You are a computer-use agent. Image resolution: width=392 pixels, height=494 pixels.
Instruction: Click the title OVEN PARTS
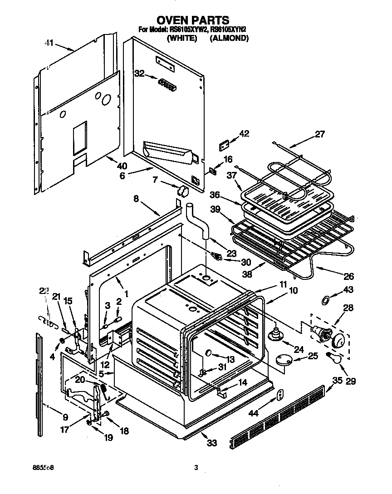(193, 20)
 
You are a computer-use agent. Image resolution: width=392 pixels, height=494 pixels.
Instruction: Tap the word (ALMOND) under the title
(229, 39)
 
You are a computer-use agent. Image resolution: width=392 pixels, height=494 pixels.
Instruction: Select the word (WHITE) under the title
(181, 39)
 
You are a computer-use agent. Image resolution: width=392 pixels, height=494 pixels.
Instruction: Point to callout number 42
(244, 133)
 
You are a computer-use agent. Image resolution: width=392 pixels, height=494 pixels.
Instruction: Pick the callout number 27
(320, 134)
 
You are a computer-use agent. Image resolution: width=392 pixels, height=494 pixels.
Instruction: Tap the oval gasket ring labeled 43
(324, 300)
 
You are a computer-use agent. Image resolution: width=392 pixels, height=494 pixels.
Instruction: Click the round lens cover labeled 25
(284, 359)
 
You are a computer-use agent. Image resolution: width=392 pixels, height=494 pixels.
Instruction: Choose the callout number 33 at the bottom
(211, 443)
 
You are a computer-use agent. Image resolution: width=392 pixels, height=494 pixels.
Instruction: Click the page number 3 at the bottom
(196, 467)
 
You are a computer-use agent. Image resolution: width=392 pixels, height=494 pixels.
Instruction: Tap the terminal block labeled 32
(167, 84)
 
